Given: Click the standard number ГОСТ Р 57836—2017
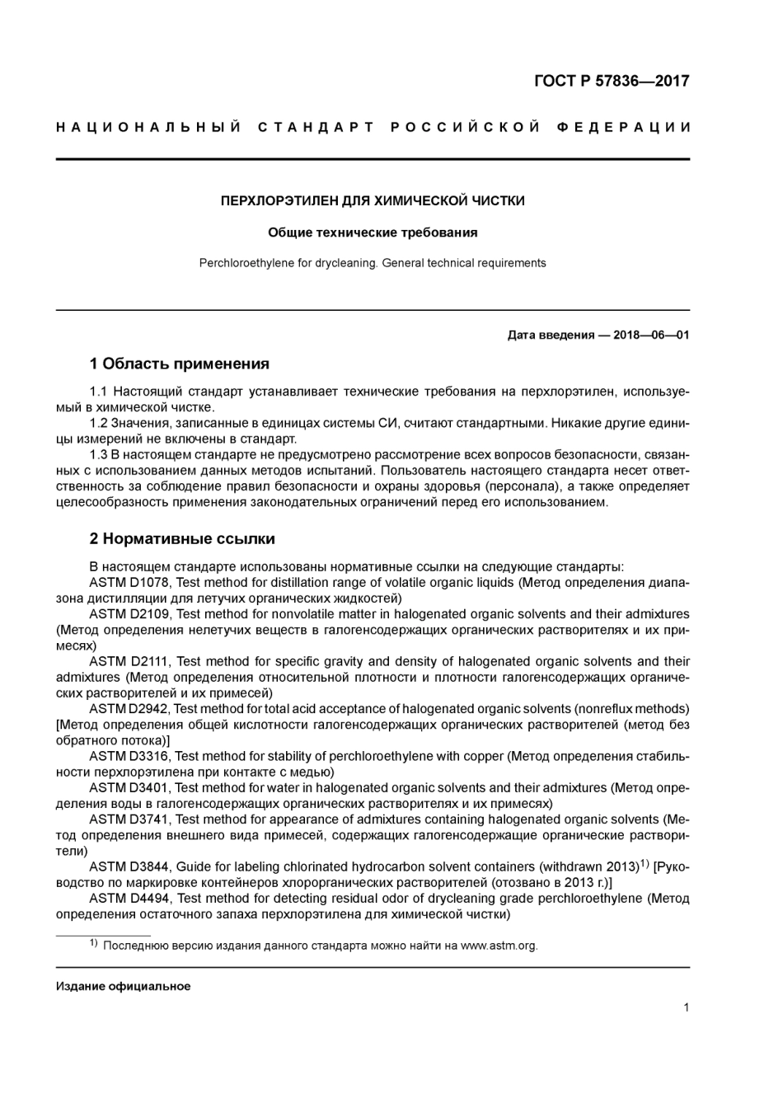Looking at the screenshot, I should coord(612,81).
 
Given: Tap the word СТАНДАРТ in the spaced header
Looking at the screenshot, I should coord(316,127).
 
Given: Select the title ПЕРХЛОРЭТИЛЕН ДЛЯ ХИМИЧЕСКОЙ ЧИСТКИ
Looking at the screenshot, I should coord(373,200).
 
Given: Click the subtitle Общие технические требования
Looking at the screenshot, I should coord(373,232).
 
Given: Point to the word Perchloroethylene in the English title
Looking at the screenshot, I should coord(246,263).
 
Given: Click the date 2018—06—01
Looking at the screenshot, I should coord(651,335).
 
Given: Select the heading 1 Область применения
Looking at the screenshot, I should coord(179,364).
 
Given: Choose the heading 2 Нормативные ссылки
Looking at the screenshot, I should coord(181,539).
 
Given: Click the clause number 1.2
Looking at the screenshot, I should coord(99,423).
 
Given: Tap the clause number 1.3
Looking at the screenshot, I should coord(99,454).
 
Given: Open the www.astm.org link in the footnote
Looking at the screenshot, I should coord(499,946).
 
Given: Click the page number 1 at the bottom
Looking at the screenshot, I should coord(686,1007).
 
